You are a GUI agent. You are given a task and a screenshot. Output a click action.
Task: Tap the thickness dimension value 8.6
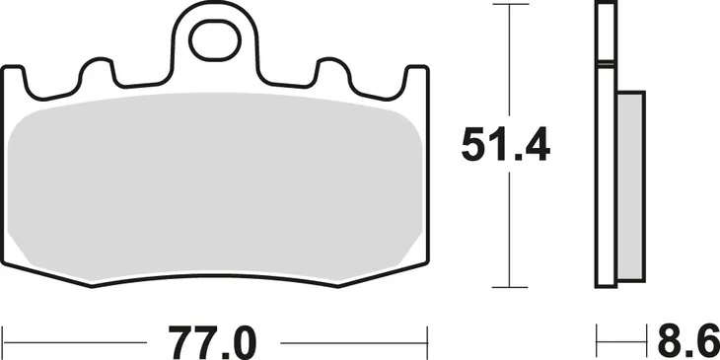[684, 341]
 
